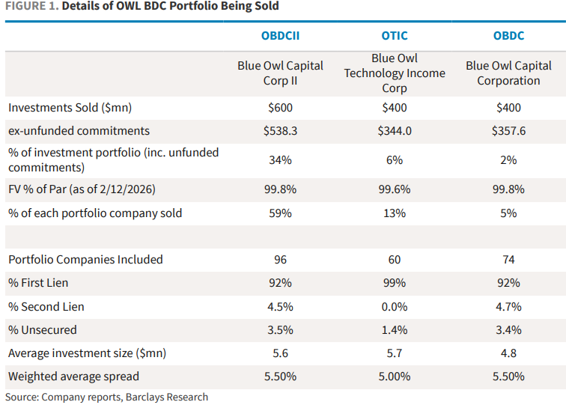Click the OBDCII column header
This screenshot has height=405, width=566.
click(x=281, y=35)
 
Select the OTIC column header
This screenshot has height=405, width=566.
click(x=395, y=35)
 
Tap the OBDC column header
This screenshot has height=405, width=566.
click(x=508, y=35)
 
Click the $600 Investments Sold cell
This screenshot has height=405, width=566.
click(x=281, y=108)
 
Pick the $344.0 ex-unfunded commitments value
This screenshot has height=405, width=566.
click(x=395, y=131)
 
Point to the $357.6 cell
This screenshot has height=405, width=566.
click(x=508, y=131)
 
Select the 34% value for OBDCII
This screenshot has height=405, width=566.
click(x=281, y=159)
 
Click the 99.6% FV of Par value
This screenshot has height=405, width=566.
click(x=395, y=189)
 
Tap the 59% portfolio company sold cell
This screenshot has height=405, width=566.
click(x=281, y=213)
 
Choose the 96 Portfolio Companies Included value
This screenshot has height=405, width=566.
click(x=281, y=260)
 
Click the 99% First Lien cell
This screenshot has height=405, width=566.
click(x=395, y=283)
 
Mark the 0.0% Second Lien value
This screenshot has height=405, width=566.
click(x=395, y=306)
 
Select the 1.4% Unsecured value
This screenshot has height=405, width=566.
click(x=395, y=329)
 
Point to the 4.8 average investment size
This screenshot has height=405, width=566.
click(x=508, y=353)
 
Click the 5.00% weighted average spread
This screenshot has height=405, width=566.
click(x=395, y=376)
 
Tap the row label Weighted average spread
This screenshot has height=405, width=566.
click(x=73, y=376)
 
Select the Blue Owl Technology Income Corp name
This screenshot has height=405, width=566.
click(x=395, y=73)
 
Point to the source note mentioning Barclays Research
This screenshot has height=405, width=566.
click(x=106, y=397)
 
